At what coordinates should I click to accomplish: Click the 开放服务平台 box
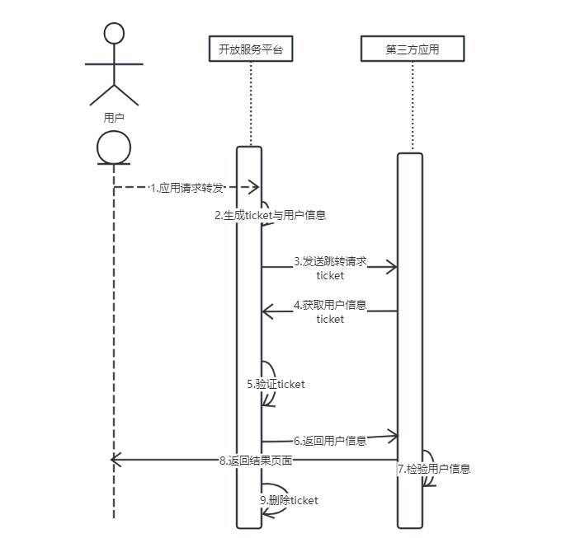tap(251, 49)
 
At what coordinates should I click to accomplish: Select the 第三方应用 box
tap(412, 49)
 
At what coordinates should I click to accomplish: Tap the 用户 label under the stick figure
tap(114, 118)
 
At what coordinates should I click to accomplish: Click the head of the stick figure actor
tap(114, 33)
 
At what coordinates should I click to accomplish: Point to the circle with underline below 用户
tap(114, 148)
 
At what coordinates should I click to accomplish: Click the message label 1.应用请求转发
tap(186, 188)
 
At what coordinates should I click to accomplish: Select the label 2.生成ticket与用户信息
tap(270, 215)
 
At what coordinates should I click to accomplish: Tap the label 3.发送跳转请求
tap(330, 261)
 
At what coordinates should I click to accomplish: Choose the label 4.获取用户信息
tap(330, 305)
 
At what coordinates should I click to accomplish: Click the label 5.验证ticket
tap(276, 384)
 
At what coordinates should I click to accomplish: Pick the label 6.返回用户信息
tap(330, 441)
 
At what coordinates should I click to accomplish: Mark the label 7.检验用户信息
tap(434, 469)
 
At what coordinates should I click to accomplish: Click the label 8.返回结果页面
tap(256, 460)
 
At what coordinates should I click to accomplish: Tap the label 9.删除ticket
tap(289, 500)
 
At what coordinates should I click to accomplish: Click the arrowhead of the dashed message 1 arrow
tap(254, 187)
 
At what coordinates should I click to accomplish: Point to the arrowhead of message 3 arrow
tap(392, 267)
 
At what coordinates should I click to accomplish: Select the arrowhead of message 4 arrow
tap(267, 311)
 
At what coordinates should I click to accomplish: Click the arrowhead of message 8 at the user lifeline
tap(116, 460)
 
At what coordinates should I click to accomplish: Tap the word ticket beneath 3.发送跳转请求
tap(330, 275)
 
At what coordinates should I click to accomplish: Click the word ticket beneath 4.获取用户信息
tap(330, 319)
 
